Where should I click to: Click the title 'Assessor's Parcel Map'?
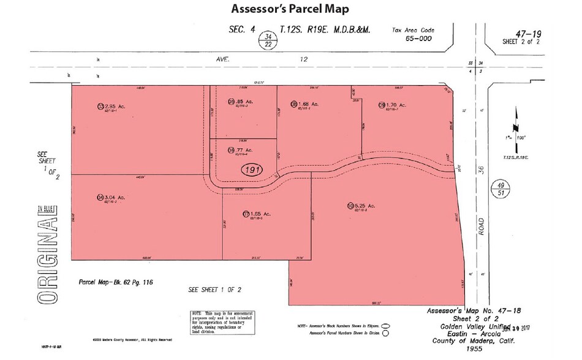[290, 9]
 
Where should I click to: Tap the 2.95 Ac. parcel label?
[113, 106]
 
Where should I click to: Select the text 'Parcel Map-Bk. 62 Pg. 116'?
[115, 283]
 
